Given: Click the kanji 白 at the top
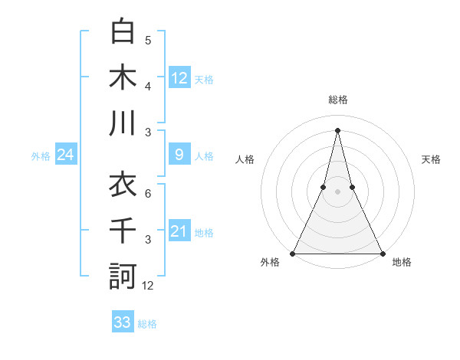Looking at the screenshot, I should tap(123, 32).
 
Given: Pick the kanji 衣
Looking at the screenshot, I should tap(123, 185).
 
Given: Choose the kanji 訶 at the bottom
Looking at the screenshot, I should tap(123, 276).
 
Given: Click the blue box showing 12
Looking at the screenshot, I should tap(179, 78).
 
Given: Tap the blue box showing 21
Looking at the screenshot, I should tap(179, 232).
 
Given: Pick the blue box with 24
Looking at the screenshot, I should tap(65, 155).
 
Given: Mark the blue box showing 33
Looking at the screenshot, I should tap(123, 322).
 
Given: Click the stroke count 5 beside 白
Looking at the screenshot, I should tap(148, 40).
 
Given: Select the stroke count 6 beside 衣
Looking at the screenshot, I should tap(148, 193).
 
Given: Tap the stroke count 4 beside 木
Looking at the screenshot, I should tap(148, 86).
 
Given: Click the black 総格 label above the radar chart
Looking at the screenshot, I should tap(337, 100).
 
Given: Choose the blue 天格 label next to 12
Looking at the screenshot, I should tap(204, 79).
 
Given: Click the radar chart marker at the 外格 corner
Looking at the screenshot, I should tap(293, 253).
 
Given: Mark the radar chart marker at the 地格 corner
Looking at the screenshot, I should tap(382, 253).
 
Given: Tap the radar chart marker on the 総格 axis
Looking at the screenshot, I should tap(337, 129).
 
